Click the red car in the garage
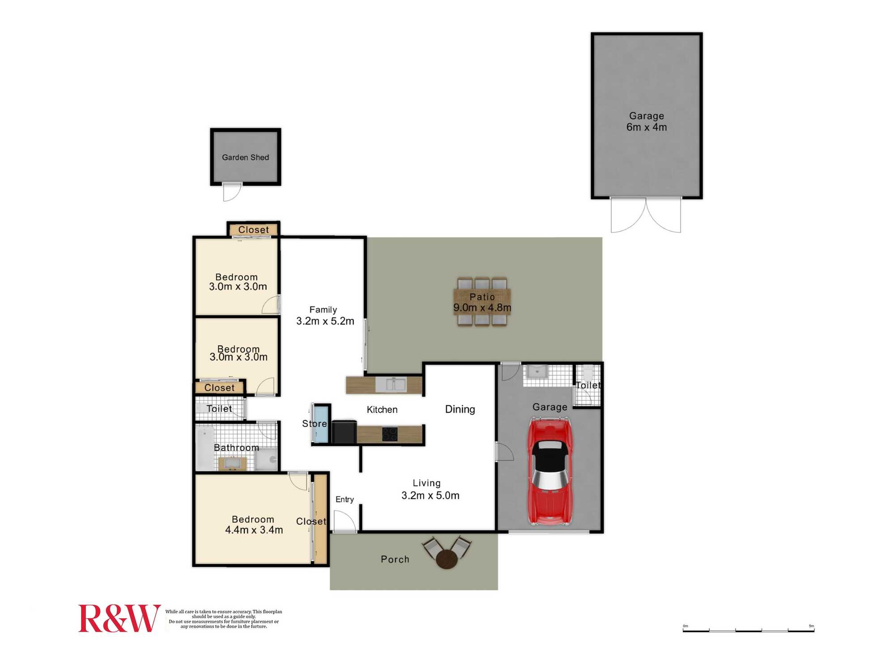tap(550, 471)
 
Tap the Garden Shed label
tap(245, 157)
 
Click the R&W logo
tap(119, 618)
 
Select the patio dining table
tap(482, 302)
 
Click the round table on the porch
tap(447, 559)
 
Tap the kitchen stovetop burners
tap(389, 434)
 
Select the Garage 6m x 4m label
tap(647, 122)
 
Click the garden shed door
tap(232, 192)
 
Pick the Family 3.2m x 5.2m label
tap(325, 315)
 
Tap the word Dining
tap(460, 409)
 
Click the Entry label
tap(345, 499)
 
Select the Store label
tap(315, 424)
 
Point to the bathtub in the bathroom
tap(205, 448)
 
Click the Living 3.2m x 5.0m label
tap(430, 489)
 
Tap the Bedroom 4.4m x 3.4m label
tap(254, 525)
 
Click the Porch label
tap(395, 560)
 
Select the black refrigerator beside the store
tap(344, 432)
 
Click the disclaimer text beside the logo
tap(224, 619)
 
